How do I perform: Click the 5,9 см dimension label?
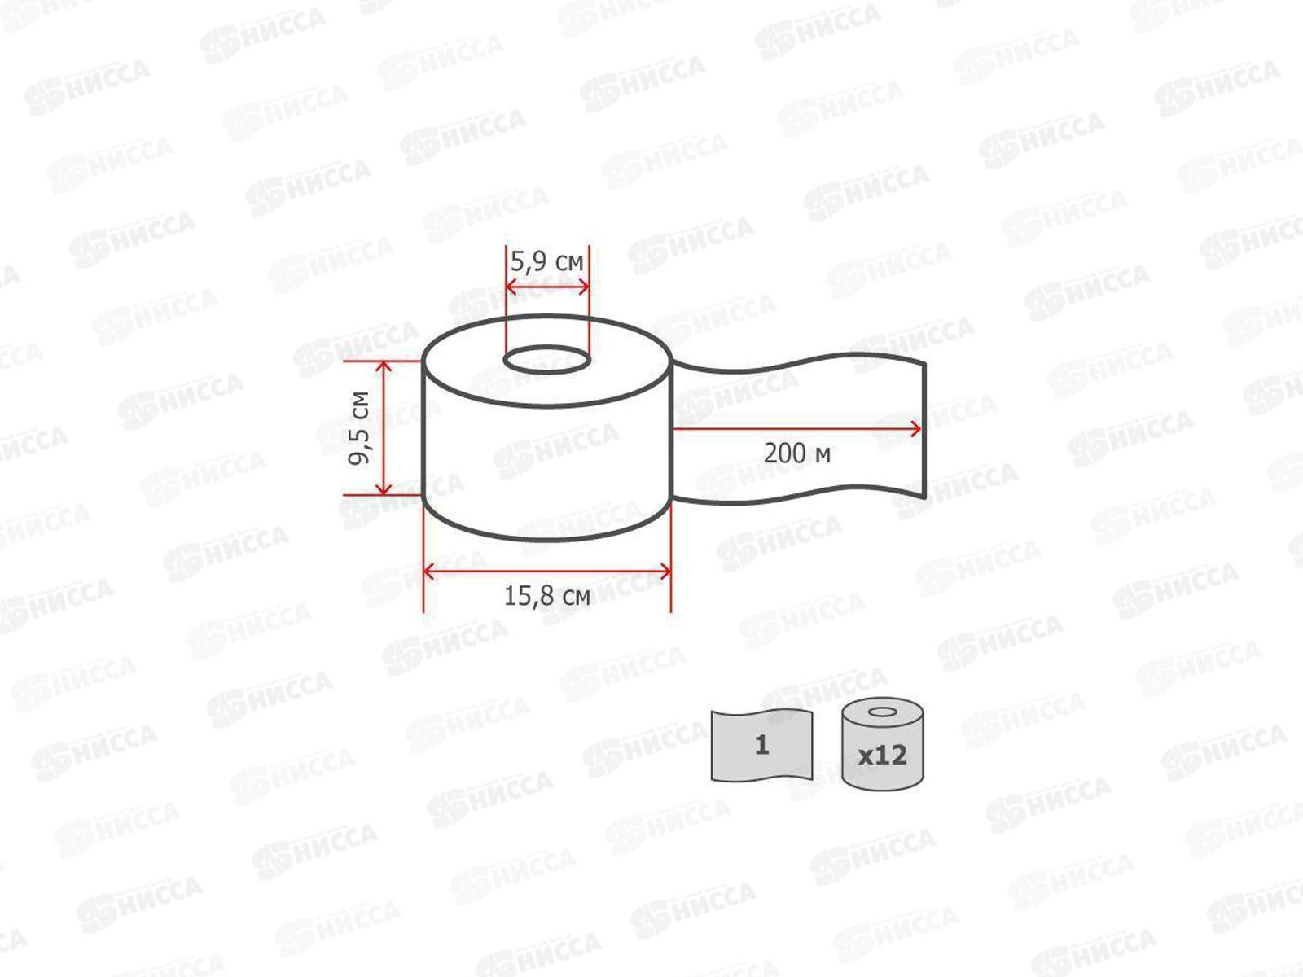[x=547, y=262]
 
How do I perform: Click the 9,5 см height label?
[x=359, y=427]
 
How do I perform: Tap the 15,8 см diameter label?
[x=546, y=596]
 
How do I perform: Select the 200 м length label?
[x=796, y=453]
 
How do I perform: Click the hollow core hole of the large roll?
[x=546, y=360]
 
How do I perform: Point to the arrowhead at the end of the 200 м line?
[x=917, y=429]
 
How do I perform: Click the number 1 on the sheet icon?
[x=761, y=745]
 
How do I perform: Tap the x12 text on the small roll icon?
[x=883, y=755]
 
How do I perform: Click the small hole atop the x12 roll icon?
[x=882, y=713]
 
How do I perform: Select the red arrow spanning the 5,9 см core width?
[x=547, y=287]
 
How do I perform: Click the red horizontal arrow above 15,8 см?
[x=546, y=572]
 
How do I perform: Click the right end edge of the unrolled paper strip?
[x=924, y=429]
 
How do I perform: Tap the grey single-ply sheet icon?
[x=761, y=745]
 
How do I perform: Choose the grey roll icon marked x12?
[x=883, y=744]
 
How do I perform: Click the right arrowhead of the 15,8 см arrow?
[x=665, y=572]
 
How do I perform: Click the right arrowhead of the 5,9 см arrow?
[x=584, y=287]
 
